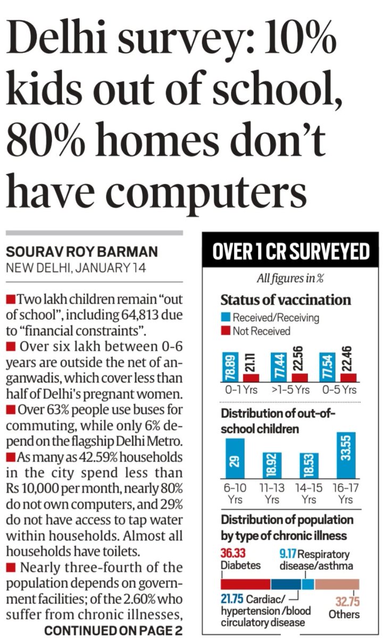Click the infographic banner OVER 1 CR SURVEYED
290,251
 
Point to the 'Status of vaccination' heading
286,300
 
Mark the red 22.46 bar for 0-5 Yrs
349,376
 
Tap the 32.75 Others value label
347,602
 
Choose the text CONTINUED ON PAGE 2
113,631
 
